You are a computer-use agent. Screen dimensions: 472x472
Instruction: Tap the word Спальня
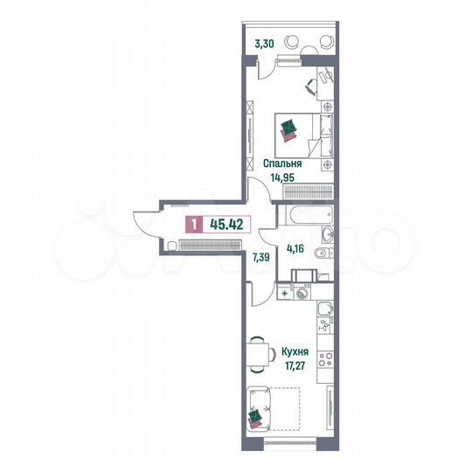click(x=282, y=163)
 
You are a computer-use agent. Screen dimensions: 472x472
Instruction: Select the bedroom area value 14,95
click(x=283, y=177)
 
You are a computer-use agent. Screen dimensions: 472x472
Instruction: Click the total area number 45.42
click(x=226, y=224)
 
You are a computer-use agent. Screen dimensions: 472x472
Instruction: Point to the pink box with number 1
click(x=191, y=224)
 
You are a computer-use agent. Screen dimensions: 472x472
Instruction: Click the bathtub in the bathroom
click(x=305, y=213)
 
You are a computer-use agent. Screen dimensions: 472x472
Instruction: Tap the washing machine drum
click(x=303, y=295)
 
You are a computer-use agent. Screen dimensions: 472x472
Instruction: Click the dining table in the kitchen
click(x=259, y=354)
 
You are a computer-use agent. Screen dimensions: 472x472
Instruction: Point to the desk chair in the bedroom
click(x=312, y=85)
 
